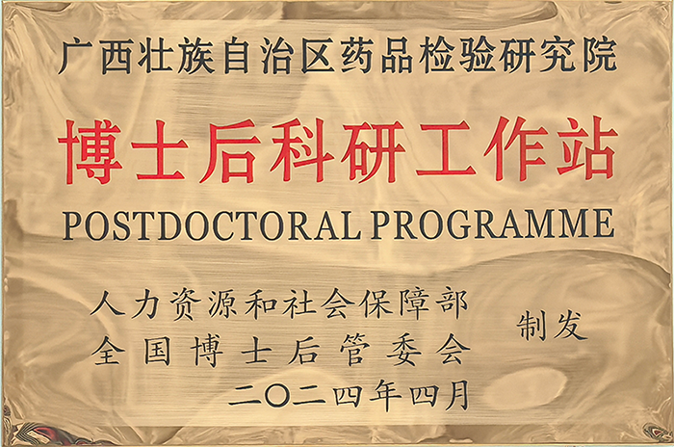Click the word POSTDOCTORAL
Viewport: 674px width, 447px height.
[213, 225]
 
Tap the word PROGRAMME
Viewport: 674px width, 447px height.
[492, 224]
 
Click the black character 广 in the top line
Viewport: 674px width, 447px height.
[76, 57]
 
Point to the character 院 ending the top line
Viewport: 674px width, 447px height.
[600, 56]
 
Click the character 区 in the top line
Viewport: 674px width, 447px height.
[317, 57]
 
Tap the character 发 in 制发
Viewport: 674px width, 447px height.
[570, 326]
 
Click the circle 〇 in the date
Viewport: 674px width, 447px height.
[277, 395]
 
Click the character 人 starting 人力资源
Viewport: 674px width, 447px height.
[108, 304]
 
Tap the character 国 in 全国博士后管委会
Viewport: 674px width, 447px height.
[157, 351]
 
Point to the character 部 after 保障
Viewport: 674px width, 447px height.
[452, 303]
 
